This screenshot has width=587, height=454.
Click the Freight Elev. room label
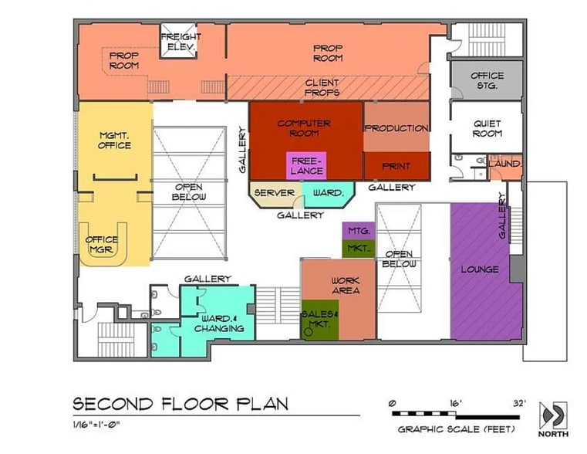(180, 42)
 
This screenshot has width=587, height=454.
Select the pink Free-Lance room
(305, 165)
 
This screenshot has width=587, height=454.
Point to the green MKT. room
(358, 249)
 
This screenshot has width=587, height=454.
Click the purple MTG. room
(358, 231)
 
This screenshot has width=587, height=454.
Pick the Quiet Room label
(487, 128)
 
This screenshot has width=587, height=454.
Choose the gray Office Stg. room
(487, 80)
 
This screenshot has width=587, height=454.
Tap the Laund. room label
(505, 164)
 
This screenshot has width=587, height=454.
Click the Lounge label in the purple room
(480, 269)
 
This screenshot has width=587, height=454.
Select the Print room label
(396, 166)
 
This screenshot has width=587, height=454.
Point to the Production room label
(396, 128)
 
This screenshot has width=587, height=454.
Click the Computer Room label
(304, 128)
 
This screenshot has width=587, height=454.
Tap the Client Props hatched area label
(322, 87)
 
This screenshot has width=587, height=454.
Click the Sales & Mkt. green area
(319, 318)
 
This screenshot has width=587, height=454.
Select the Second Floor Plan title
(180, 403)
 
